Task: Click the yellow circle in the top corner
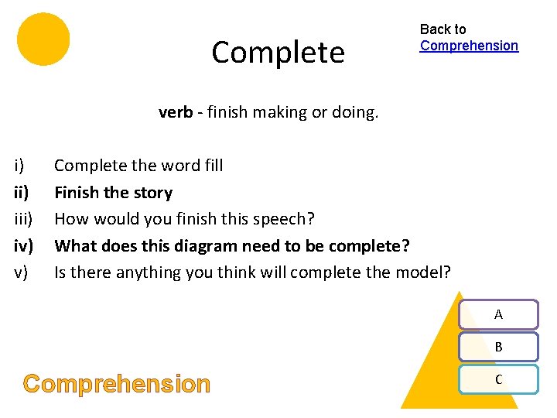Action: (x=43, y=39)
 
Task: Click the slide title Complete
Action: (x=278, y=53)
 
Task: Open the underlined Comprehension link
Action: (x=469, y=46)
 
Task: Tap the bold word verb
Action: (x=175, y=112)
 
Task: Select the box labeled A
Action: (x=498, y=314)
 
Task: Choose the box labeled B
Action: (x=498, y=347)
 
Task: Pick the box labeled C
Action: (x=498, y=379)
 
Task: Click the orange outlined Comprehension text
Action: (x=117, y=384)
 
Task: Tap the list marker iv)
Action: (x=24, y=246)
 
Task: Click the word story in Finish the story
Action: (x=152, y=193)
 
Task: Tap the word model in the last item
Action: (x=426, y=272)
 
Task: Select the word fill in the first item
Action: (x=213, y=166)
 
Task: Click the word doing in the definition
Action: (x=355, y=112)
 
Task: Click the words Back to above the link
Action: (x=443, y=29)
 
